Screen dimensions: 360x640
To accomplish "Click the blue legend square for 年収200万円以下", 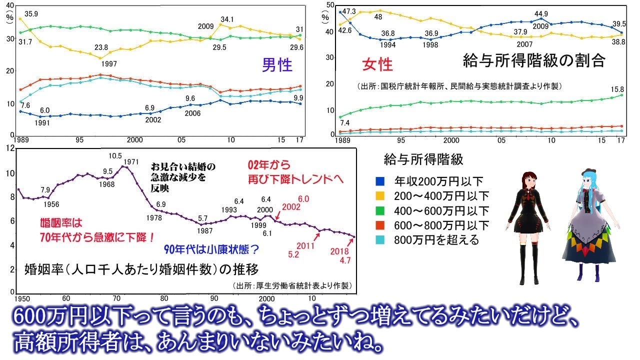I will (380, 181).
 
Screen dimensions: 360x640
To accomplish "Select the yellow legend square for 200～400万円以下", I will (380, 195).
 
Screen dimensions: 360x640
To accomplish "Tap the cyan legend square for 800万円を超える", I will (380, 240).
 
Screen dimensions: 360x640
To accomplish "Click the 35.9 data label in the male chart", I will (32, 14).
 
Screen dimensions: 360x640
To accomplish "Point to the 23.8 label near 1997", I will (101, 47).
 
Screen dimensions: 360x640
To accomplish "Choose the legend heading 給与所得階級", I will (423, 160).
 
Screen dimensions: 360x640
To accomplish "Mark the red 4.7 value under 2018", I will (344, 260).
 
